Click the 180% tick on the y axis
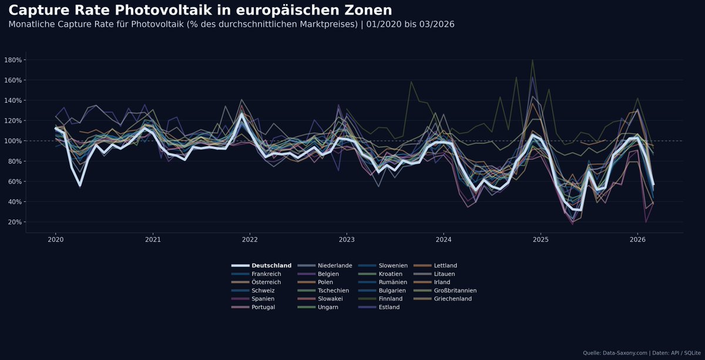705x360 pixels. (x=13, y=60)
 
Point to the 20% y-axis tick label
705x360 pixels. (x=14, y=222)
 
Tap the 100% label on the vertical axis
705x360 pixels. (x=13, y=141)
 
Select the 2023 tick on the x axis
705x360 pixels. (x=347, y=240)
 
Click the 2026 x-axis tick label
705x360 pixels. (x=637, y=240)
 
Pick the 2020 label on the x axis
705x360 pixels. (x=55, y=240)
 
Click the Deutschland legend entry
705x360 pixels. (x=271, y=265)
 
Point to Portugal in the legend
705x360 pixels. (x=263, y=307)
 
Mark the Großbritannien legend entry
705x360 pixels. (x=455, y=290)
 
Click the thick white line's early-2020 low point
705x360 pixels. (x=80, y=186)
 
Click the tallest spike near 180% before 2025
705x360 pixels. (x=532, y=60)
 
